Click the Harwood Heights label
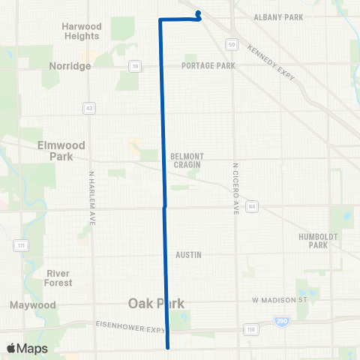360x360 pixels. (x=82, y=31)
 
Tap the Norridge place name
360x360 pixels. (x=70, y=66)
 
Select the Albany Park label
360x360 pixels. (x=277, y=16)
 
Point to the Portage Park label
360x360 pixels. (x=208, y=66)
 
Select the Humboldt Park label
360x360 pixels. (x=313, y=240)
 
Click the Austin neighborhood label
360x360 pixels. (x=188, y=255)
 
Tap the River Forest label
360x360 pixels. (x=58, y=277)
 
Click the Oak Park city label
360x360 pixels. (x=155, y=303)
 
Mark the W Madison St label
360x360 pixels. (x=280, y=300)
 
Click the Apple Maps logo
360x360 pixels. (x=27, y=349)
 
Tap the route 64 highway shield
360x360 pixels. (x=253, y=205)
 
